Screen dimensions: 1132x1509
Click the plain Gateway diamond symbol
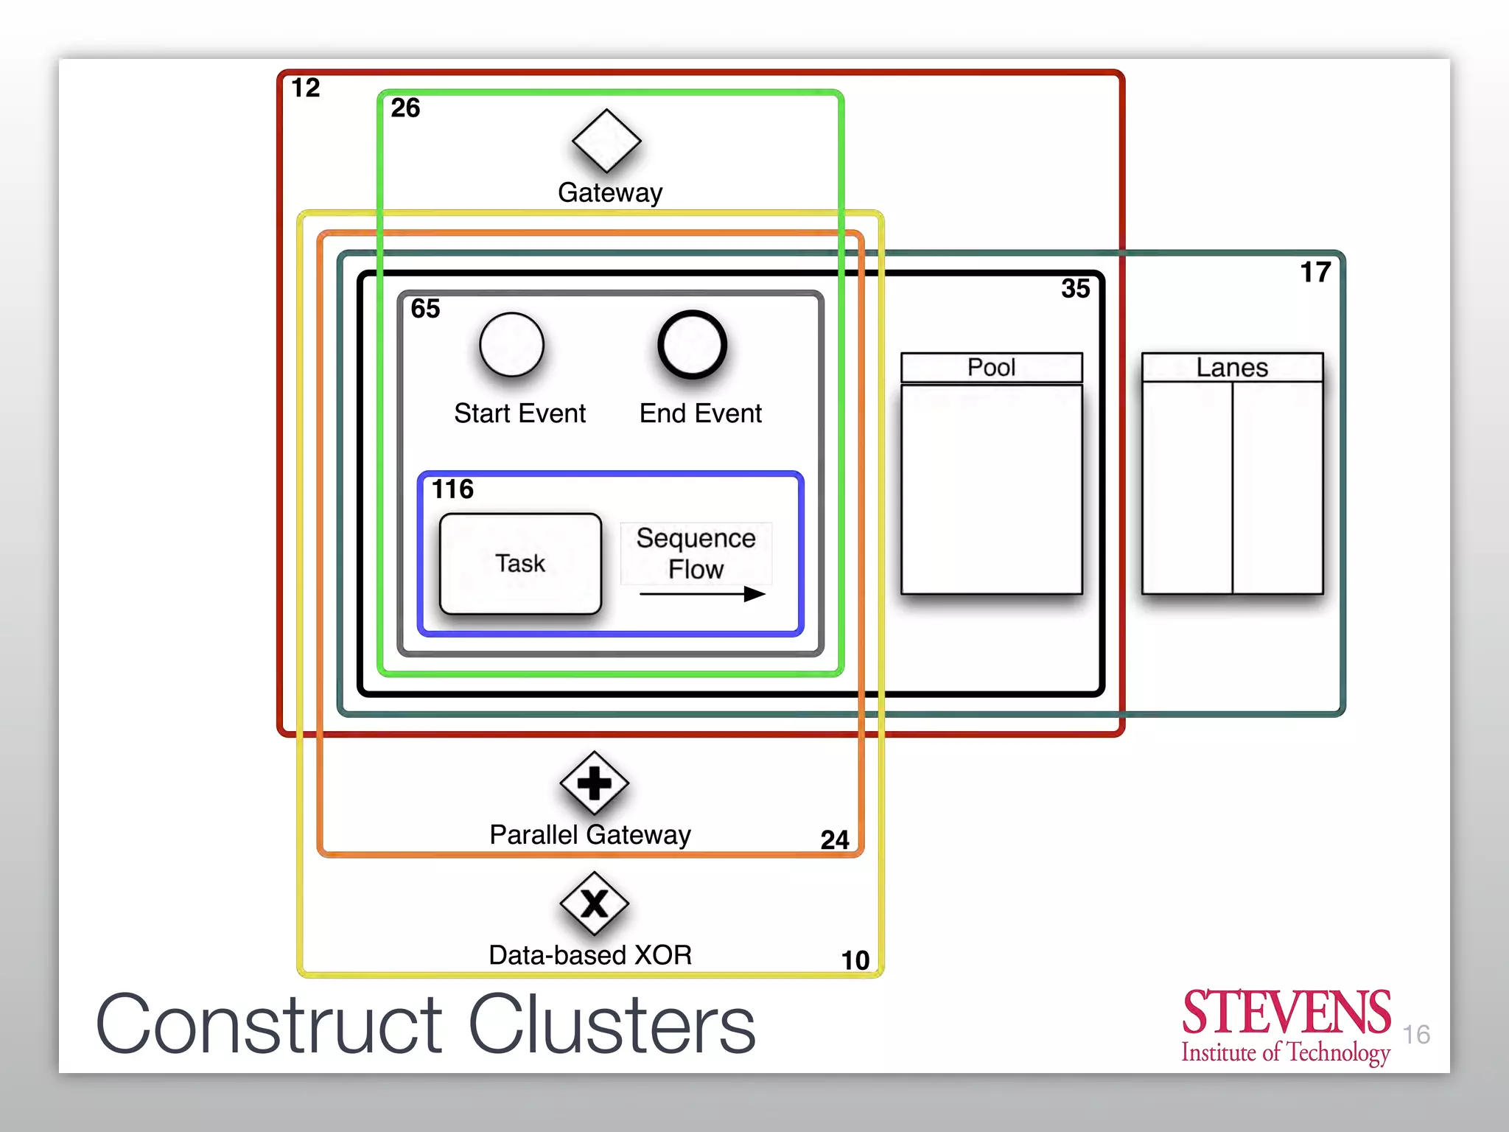[x=606, y=141]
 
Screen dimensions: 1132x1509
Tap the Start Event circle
[x=511, y=345]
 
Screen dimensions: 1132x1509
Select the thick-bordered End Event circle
[x=692, y=345]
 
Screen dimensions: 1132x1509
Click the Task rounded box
[x=520, y=564]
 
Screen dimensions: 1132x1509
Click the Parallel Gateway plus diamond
[x=594, y=783]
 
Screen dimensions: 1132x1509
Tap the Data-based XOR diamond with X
[x=594, y=904]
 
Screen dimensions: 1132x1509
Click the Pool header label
[x=991, y=367]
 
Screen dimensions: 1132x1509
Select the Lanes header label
[x=1232, y=367]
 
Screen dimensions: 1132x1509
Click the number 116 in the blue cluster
[x=452, y=489]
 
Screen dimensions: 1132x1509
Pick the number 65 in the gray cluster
[x=425, y=308]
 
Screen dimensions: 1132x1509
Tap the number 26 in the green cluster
[x=405, y=108]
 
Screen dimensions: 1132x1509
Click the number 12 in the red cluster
[x=305, y=88]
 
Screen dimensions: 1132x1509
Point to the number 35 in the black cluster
[x=1075, y=289]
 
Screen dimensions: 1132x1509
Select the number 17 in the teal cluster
[x=1315, y=273]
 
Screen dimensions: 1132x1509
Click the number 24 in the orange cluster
[x=835, y=840]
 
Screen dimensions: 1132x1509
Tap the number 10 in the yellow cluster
[x=855, y=960]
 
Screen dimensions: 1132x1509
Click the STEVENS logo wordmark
[x=1286, y=1013]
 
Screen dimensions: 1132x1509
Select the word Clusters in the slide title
[x=612, y=1024]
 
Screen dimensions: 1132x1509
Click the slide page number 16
[x=1415, y=1035]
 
